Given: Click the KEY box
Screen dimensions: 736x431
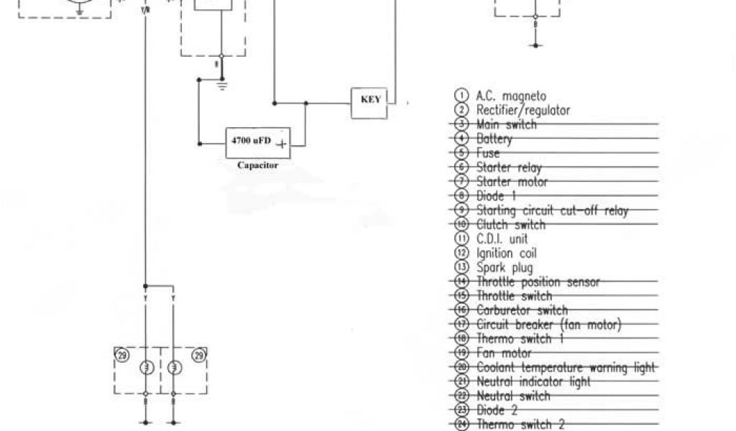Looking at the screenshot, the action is [370, 101].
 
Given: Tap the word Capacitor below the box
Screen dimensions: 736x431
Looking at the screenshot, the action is [257, 165].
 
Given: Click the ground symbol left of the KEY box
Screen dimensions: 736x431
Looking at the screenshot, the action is [221, 85].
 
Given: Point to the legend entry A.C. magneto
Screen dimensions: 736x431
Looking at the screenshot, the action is [511, 96].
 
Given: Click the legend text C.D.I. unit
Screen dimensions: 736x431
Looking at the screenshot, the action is [502, 238].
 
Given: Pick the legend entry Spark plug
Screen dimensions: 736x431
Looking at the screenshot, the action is [505, 267].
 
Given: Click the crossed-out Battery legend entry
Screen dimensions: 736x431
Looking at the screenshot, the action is [494, 139].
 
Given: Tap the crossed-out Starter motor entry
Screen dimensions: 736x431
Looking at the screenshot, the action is [512, 182].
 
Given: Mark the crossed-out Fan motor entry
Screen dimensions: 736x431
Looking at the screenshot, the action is [504, 353].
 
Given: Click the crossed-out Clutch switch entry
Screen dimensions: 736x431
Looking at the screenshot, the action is [511, 224].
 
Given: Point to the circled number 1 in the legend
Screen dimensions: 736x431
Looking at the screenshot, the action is [462, 96].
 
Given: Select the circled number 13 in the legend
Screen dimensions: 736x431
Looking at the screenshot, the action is [462, 267].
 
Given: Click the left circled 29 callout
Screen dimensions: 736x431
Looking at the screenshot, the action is [122, 354].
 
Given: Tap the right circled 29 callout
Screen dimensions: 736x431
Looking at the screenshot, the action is [199, 354].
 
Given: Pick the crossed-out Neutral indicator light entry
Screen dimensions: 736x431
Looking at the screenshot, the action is [533, 382].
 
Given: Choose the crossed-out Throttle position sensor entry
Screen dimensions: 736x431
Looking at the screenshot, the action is [538, 282].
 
